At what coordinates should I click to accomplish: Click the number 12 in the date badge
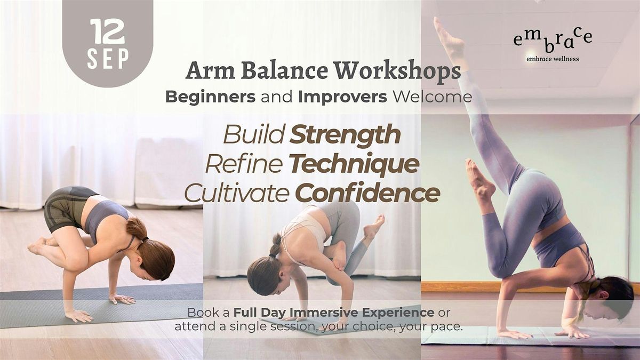pyautogui.click(x=107, y=31)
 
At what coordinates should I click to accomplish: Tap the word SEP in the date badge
pyautogui.click(x=108, y=59)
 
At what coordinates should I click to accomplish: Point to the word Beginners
pyautogui.click(x=210, y=97)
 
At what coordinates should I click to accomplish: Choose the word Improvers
pyautogui.click(x=342, y=97)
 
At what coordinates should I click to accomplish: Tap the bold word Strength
pyautogui.click(x=345, y=135)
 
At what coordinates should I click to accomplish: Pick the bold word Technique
pyautogui.click(x=354, y=164)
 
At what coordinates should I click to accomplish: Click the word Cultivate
pyautogui.click(x=237, y=193)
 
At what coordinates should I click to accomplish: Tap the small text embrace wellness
pyautogui.click(x=553, y=59)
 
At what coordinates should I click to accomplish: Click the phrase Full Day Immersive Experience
pyautogui.click(x=334, y=313)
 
